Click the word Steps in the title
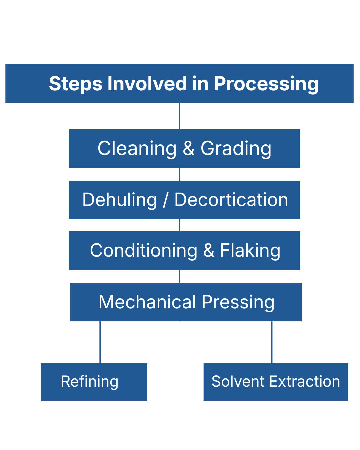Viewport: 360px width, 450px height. click(x=75, y=84)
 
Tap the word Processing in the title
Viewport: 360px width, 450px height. click(x=266, y=84)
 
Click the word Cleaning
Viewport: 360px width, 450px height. click(x=137, y=149)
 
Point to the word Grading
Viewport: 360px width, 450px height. click(x=236, y=149)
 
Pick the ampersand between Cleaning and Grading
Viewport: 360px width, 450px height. click(x=188, y=148)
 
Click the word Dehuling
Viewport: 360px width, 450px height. click(x=120, y=200)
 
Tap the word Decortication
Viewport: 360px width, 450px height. click(x=231, y=200)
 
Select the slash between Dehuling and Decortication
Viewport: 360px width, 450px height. click(x=165, y=200)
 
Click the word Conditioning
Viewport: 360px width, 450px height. click(x=144, y=251)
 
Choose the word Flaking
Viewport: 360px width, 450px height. click(x=250, y=251)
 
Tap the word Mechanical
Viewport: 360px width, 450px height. click(x=147, y=302)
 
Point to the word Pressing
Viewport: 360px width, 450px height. click(x=238, y=302)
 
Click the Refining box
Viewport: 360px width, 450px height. click(x=94, y=382)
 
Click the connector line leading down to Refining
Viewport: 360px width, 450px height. click(x=100, y=342)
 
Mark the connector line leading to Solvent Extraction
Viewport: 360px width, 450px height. click(x=272, y=342)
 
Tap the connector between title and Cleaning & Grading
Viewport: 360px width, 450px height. click(x=180, y=116)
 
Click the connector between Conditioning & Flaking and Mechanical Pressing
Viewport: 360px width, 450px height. click(x=180, y=276)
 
